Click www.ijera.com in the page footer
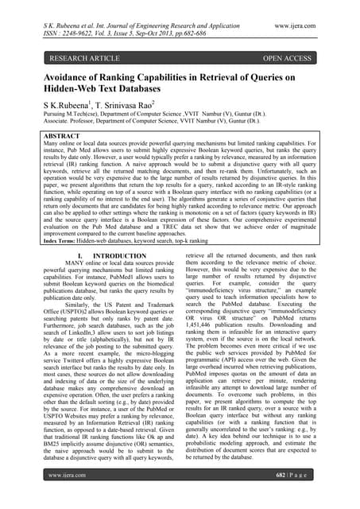pyautogui.click(x=68, y=496)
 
